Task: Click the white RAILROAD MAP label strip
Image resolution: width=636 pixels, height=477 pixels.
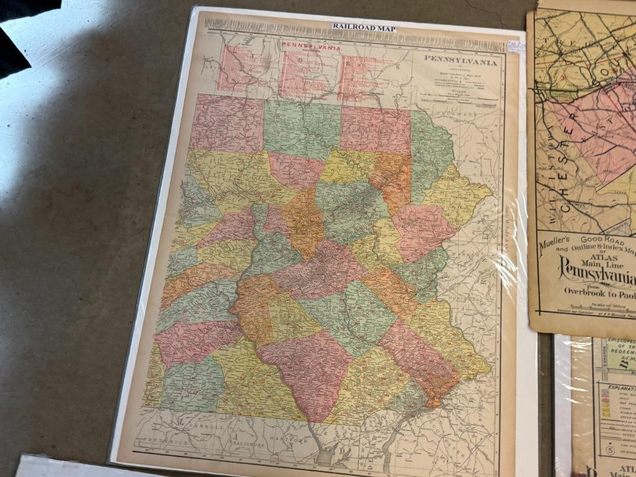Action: coord(363,26)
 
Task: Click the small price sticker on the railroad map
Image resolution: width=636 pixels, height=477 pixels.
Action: coord(513,48)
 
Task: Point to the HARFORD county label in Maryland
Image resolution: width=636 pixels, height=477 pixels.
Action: coord(298,442)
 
